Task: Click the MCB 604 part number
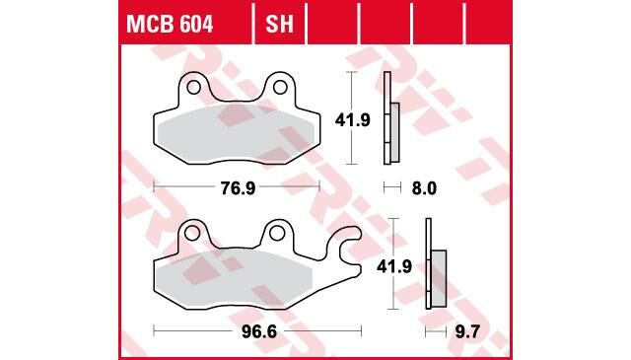click(x=170, y=25)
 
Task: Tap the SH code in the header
click(x=279, y=25)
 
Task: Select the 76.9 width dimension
click(x=238, y=188)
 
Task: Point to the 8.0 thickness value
click(x=424, y=188)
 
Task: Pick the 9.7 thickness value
click(x=467, y=332)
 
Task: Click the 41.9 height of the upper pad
click(x=353, y=120)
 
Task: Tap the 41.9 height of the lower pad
click(x=394, y=266)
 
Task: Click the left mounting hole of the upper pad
click(x=193, y=87)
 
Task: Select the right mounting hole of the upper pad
click(x=280, y=87)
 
